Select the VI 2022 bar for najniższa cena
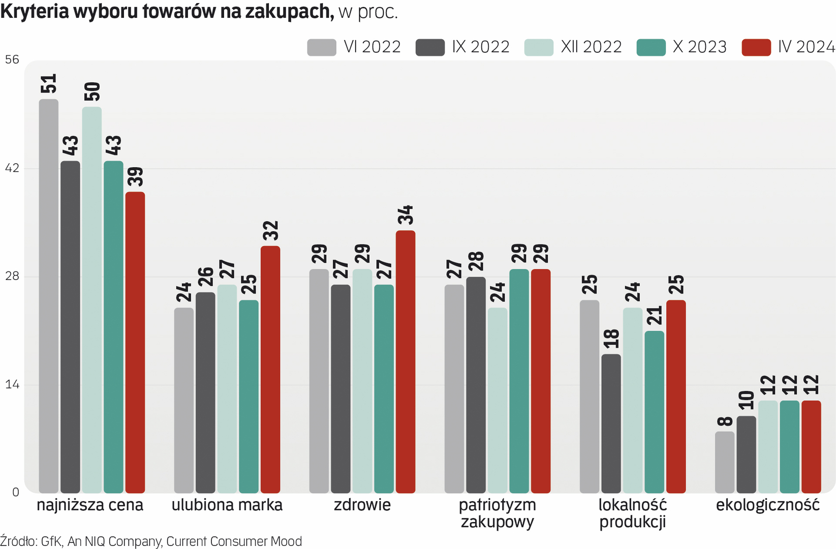point(49,296)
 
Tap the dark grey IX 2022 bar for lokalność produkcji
point(611,423)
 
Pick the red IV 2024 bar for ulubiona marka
point(270,369)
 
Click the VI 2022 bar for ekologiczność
point(725,462)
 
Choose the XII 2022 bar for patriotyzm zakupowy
point(498,400)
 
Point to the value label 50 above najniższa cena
point(92,91)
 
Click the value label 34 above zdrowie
point(406,215)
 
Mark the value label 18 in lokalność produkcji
point(611,339)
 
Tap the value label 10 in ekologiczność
point(747,401)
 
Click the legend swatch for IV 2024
point(756,47)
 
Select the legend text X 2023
point(699,47)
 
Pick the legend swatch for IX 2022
point(430,47)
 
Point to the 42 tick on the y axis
point(12,168)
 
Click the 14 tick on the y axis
point(12,384)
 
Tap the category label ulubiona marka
point(227,505)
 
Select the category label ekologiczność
point(767,505)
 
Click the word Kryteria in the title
point(35,11)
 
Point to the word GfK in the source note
point(51,541)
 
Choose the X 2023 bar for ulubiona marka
point(249,396)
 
